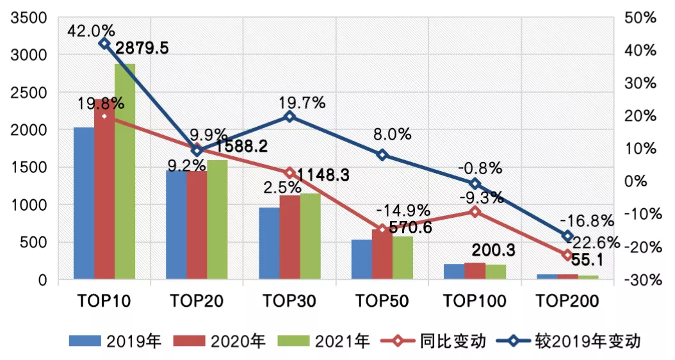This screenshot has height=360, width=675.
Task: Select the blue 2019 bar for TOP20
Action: [176, 225]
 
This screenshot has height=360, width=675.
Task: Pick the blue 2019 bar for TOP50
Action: [361, 259]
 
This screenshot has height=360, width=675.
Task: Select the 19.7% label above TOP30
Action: [302, 102]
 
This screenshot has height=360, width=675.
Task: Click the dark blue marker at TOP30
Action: [289, 117]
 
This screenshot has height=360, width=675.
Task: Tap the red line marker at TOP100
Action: [475, 211]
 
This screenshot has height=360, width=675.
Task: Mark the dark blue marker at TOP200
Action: [567, 236]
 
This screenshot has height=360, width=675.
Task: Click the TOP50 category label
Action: [382, 301]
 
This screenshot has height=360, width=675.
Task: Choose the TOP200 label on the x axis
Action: [567, 301]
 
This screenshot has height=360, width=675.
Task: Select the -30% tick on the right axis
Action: [640, 280]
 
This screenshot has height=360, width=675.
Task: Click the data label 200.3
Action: [493, 250]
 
